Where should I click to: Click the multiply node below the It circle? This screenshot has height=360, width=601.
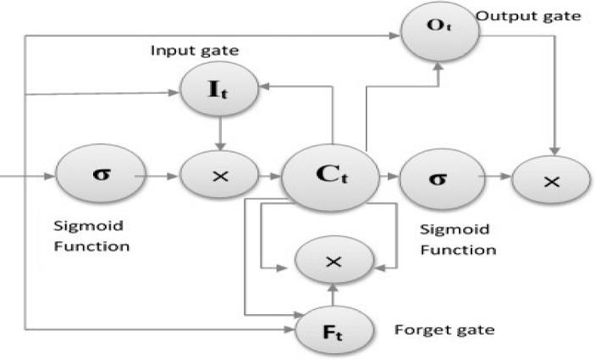220,177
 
